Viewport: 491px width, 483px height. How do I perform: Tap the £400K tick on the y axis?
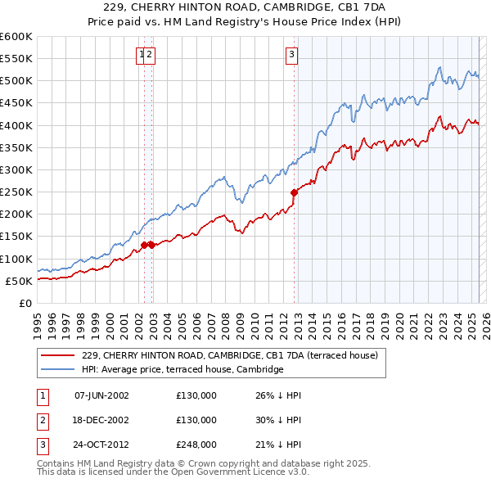coord(16,125)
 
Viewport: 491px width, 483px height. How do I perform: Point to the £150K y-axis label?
coord(16,236)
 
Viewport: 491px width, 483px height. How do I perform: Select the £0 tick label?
coord(25,303)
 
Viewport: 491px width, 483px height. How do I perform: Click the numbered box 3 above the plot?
coord(291,55)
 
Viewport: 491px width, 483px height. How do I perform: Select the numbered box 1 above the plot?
coord(142,55)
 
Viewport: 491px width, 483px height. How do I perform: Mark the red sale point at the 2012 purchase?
coord(294,193)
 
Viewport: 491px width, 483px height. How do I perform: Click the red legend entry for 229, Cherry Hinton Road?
coord(229,356)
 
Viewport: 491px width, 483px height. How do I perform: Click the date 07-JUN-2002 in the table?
coord(101,395)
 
